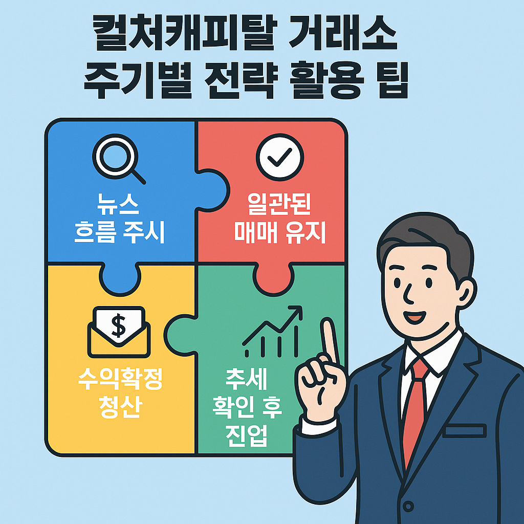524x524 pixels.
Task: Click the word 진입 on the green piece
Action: [246, 436]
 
